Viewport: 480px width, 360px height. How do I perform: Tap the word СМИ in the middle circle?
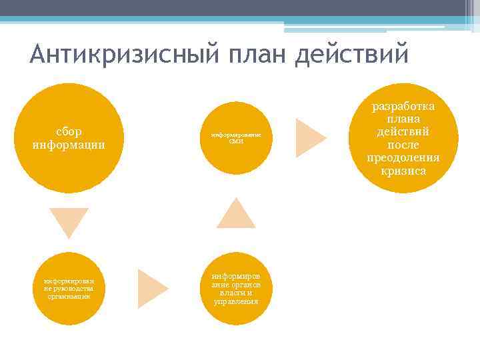(x=236, y=142)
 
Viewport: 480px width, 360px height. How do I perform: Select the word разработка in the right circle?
(x=403, y=107)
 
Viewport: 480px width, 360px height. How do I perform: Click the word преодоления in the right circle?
(x=403, y=158)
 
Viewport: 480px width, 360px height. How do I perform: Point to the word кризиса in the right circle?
(x=403, y=171)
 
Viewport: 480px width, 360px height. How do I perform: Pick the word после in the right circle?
(x=403, y=145)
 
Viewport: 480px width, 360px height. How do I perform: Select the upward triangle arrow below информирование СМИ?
(x=236, y=213)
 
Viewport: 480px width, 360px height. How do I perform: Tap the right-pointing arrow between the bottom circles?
(x=152, y=289)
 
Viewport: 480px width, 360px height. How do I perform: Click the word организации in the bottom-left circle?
(x=69, y=297)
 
